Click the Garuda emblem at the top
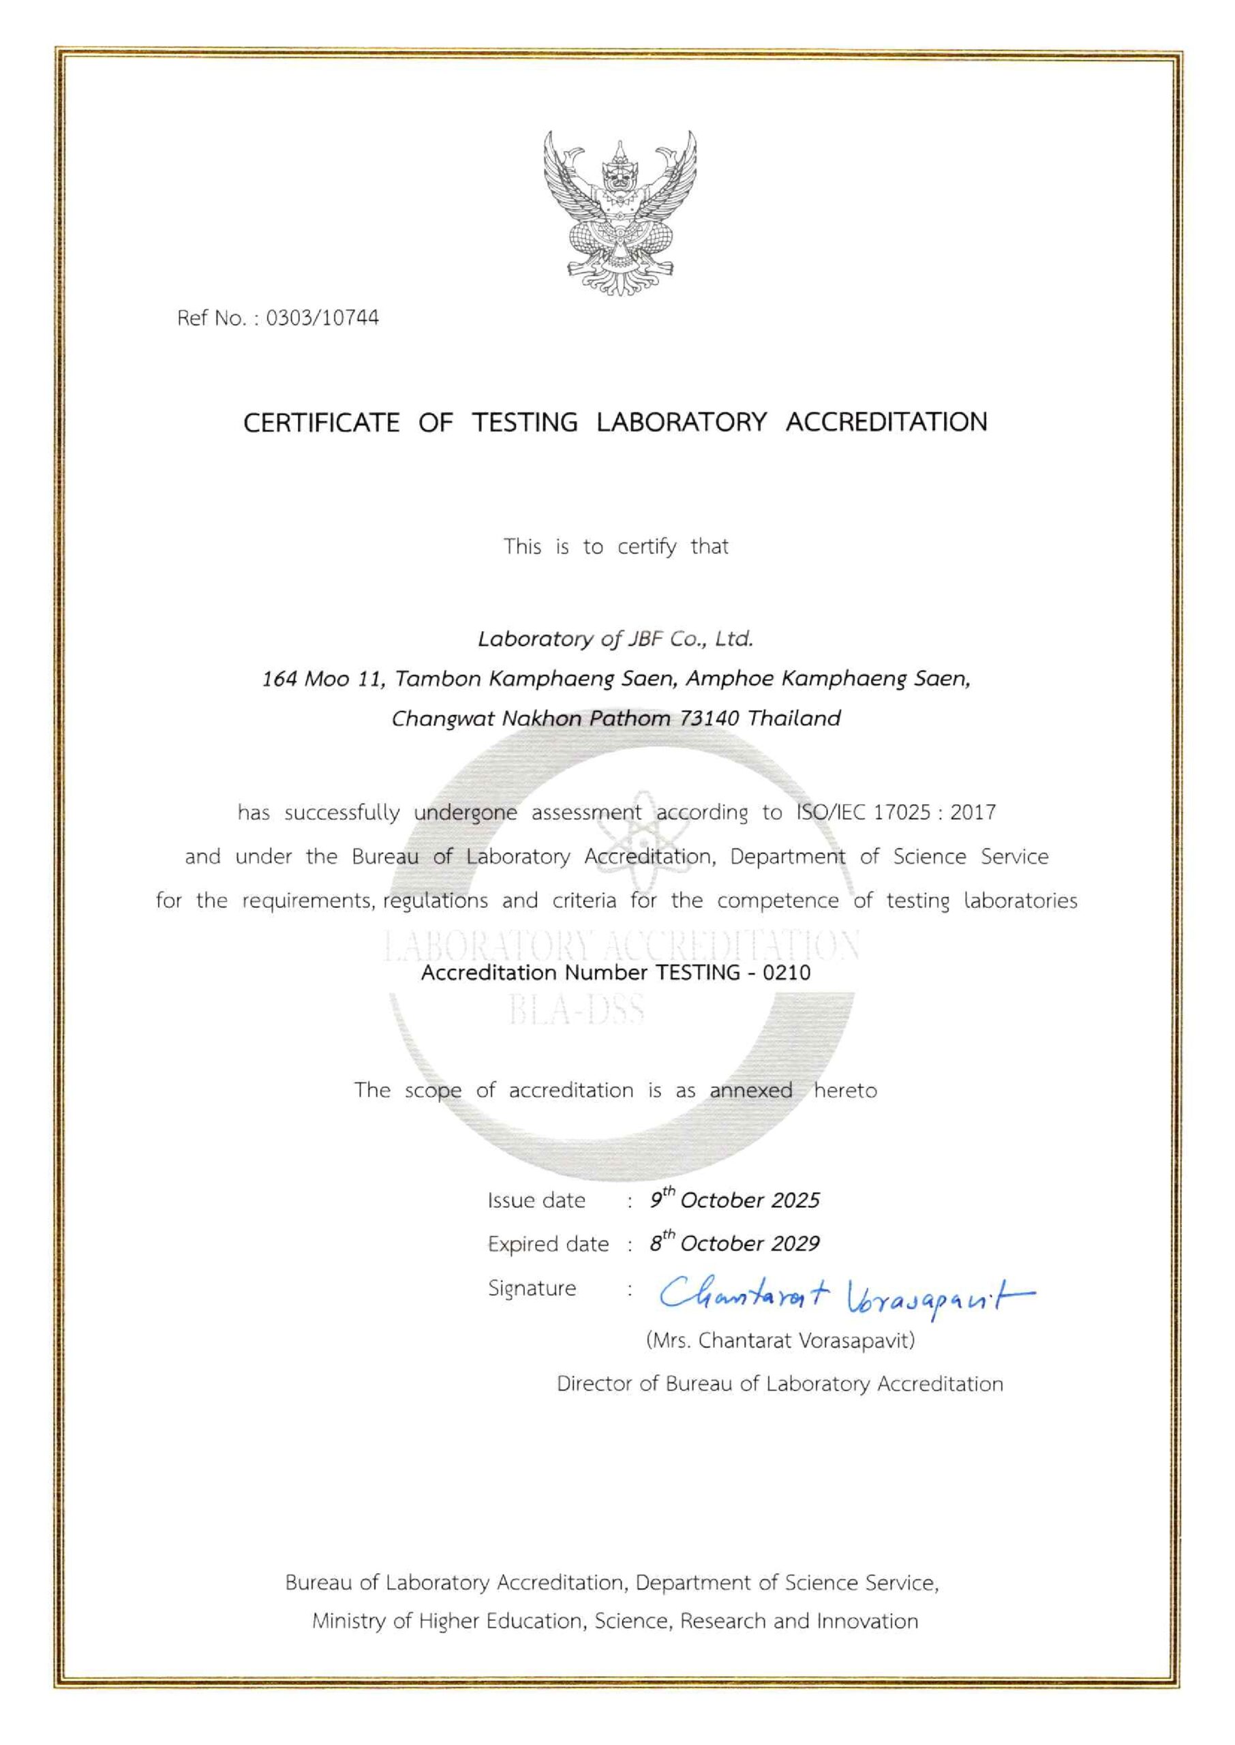coord(620,213)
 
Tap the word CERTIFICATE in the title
coord(321,422)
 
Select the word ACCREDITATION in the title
coord(886,422)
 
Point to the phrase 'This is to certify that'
coord(616,547)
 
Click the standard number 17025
coord(901,813)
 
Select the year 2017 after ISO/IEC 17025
coord(973,813)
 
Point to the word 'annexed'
coord(750,1091)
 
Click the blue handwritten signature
coord(844,1296)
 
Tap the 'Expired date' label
coord(548,1245)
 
